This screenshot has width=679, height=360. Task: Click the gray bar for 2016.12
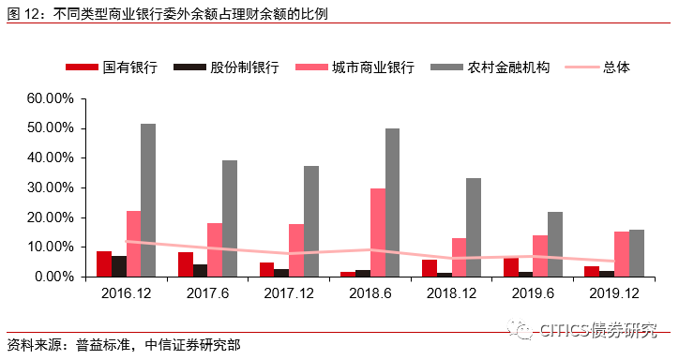pos(148,201)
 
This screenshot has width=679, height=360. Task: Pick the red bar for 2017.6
pos(186,264)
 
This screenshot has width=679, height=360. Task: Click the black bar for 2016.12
pos(119,266)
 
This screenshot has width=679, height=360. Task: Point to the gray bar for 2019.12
pos(637,253)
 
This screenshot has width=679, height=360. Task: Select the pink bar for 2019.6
pos(540,256)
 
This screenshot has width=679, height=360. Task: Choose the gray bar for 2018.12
pos(474,228)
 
